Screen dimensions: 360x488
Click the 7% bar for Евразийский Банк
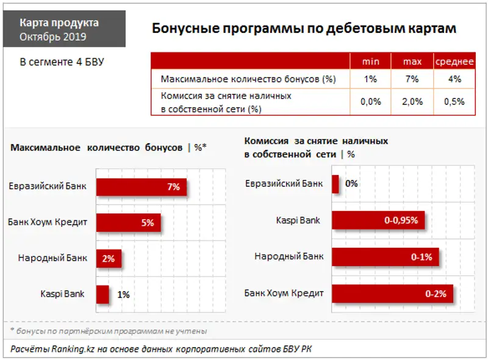point(141,187)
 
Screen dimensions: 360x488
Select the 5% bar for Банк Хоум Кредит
point(128,223)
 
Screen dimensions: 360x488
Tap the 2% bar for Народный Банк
point(109,258)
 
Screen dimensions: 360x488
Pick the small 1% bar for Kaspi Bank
point(102,294)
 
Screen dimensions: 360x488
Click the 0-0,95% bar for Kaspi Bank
point(378,221)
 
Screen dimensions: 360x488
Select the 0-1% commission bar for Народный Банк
point(385,257)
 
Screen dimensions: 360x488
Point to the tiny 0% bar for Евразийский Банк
point(335,184)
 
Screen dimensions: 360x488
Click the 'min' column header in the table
point(371,62)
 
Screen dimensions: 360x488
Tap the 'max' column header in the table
point(412,62)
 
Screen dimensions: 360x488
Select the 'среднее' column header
point(454,62)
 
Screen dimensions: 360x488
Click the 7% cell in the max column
point(412,79)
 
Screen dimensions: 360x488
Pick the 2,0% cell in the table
point(412,102)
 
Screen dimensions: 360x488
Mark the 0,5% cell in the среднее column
point(454,102)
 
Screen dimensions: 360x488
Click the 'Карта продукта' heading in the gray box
point(59,23)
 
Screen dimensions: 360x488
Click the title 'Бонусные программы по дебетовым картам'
point(303,29)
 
